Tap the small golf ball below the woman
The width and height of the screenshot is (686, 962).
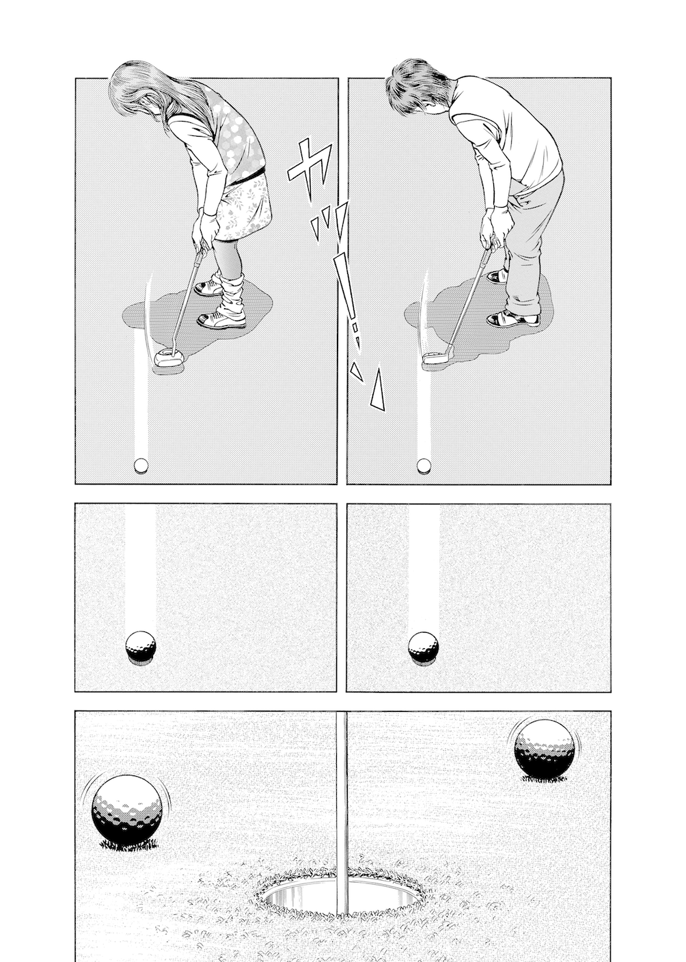pyautogui.click(x=141, y=465)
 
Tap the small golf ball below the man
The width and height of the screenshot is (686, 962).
pyautogui.click(x=424, y=465)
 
